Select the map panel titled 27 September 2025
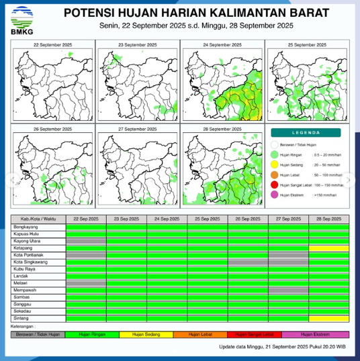[x=138, y=165]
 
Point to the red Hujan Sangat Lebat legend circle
[x=274, y=184]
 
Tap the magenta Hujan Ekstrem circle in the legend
[x=274, y=195]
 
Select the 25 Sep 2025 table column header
[x=208, y=219]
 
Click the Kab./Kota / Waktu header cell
[x=38, y=219]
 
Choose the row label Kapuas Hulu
[x=27, y=234]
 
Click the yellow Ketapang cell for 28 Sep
[x=329, y=248]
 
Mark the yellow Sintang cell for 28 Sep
[x=329, y=318]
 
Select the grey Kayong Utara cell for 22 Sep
[x=86, y=241]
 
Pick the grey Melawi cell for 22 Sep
[x=86, y=283]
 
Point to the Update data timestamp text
[x=282, y=347]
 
